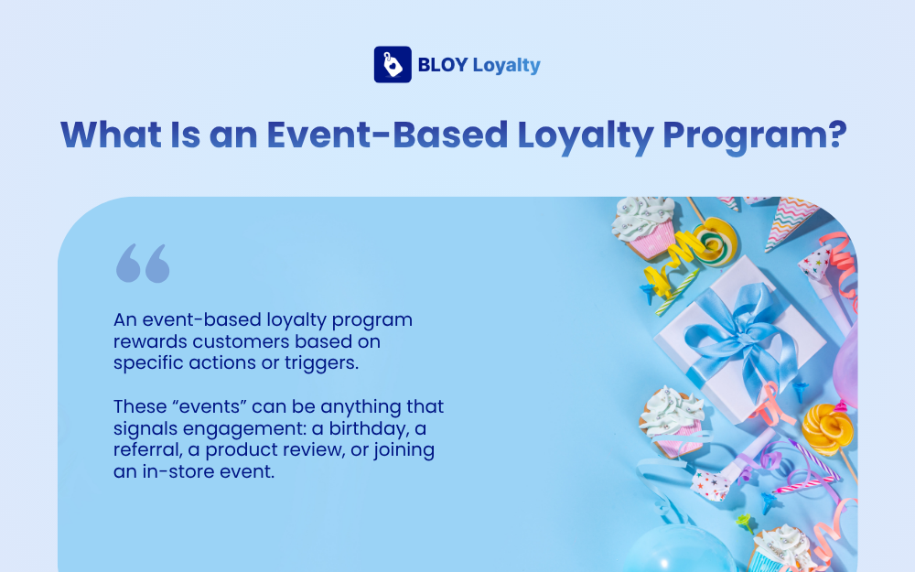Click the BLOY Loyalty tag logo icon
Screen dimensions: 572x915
pos(392,65)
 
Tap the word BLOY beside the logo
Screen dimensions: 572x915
pos(443,65)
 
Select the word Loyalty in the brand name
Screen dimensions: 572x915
pos(506,66)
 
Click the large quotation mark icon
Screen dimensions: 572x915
pos(143,263)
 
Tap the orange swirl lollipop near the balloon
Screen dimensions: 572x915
pos(827,426)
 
